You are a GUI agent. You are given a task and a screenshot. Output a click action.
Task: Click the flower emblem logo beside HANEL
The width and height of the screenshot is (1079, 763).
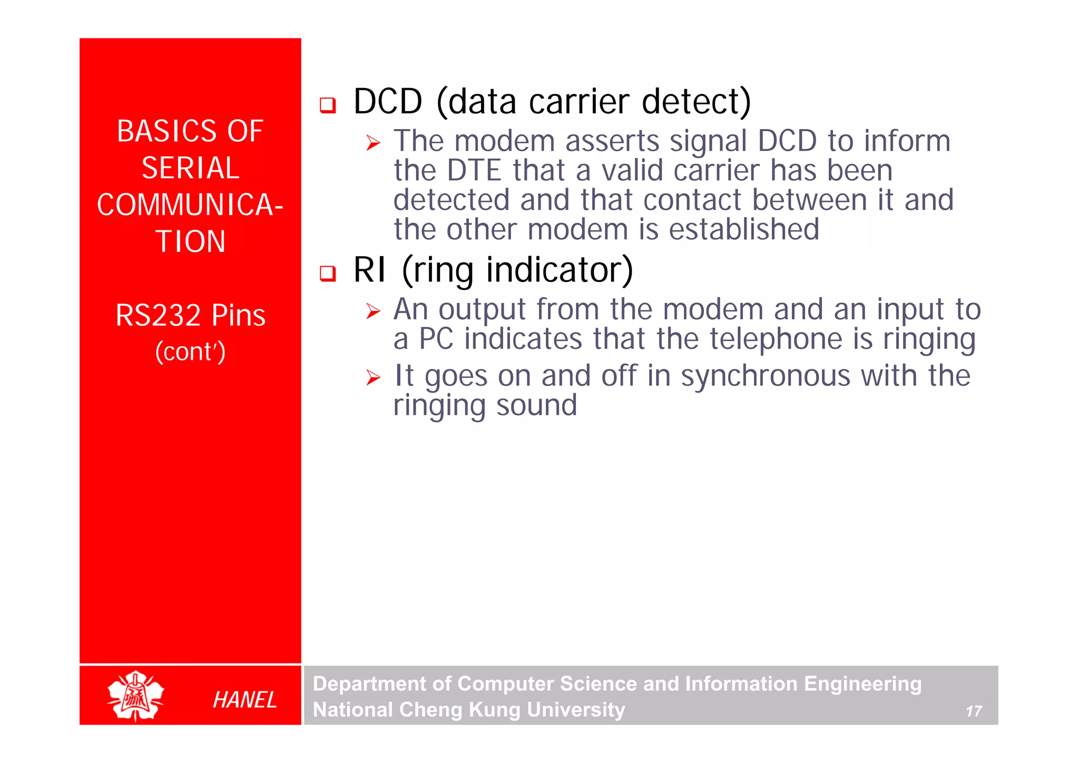point(135,696)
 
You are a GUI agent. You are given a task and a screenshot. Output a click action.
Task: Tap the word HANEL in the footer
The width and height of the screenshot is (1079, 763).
point(244,700)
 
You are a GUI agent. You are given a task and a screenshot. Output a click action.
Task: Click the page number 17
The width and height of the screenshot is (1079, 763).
point(973,711)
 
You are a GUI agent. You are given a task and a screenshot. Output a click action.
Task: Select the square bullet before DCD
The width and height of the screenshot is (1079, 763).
point(328,105)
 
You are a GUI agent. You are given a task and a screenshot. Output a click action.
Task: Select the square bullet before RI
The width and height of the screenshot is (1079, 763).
point(328,273)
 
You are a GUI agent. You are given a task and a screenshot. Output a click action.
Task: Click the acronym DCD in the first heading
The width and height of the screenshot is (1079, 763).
point(388,101)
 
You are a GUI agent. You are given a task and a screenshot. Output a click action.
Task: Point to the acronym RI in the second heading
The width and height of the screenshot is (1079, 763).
point(369,270)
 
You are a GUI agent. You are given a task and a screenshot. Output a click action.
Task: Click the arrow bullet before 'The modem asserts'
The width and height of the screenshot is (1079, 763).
point(373,143)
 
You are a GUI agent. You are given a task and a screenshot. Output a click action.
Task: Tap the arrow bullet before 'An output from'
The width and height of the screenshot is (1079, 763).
point(373,311)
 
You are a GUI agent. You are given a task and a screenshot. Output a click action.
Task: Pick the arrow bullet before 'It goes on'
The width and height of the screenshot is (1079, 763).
point(373,377)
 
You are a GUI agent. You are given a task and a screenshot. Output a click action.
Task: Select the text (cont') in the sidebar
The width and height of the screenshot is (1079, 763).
point(190,352)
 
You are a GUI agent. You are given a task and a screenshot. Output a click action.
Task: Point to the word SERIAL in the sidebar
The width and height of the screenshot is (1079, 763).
point(190,168)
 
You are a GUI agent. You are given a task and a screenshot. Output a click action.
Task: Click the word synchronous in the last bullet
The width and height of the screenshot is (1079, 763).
point(765,376)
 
